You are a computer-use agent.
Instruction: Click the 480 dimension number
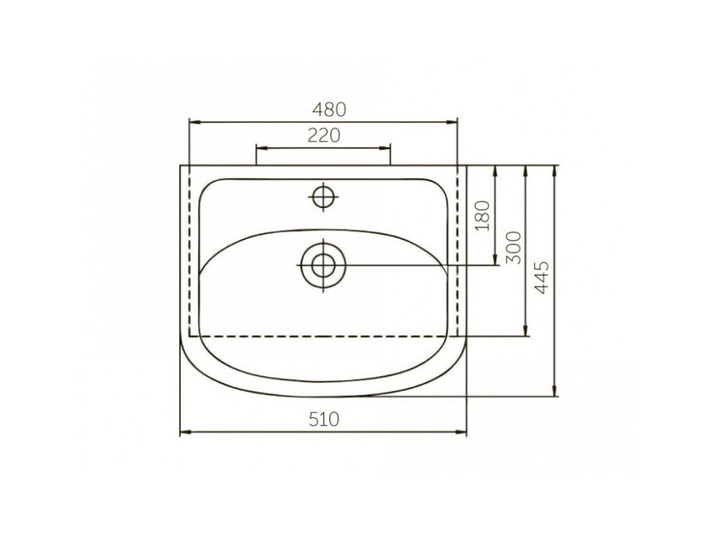pos(328,109)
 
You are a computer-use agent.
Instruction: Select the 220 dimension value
pos(323,135)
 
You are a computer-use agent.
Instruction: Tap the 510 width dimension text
pos(323,419)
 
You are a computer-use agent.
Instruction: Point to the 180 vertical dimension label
pos(483,216)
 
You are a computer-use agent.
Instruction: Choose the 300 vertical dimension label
pos(514,247)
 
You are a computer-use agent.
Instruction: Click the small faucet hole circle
pos(323,197)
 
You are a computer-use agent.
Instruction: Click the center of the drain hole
pos(323,265)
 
